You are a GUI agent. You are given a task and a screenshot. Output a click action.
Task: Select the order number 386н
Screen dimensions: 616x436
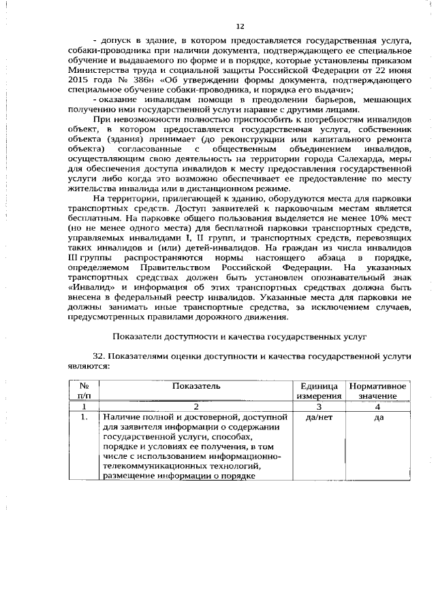138,81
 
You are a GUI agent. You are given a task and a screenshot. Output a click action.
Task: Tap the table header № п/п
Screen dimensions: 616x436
84,391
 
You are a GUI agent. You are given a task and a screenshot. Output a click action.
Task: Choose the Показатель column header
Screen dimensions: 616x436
196,386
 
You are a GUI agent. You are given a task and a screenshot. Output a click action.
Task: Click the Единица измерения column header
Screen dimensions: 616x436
318,391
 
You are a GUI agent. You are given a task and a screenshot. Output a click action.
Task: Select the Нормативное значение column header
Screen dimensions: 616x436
377,391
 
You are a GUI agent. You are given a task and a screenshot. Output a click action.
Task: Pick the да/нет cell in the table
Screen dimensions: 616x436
318,417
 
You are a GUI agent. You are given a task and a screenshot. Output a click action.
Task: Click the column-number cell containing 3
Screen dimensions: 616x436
318,405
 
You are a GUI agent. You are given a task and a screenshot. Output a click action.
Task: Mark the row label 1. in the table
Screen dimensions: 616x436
83,417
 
